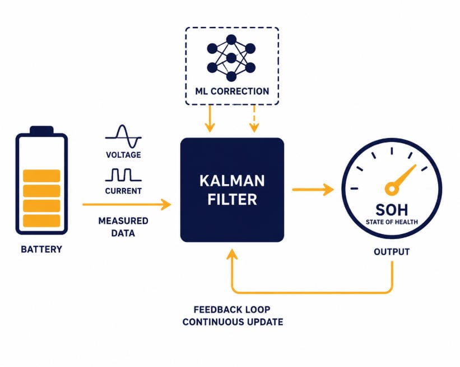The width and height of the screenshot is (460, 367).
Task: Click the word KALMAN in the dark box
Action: point(232,181)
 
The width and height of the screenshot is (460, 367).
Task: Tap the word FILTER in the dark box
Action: point(232,199)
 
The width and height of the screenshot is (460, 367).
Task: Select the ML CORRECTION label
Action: point(232,91)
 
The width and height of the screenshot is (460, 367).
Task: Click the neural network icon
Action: point(231,58)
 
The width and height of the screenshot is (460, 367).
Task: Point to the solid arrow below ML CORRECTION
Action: point(210,119)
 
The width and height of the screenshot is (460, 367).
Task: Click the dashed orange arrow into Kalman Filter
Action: point(254,119)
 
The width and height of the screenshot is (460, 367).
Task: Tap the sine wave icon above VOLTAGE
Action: point(123,136)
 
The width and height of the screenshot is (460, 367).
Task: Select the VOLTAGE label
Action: point(123,155)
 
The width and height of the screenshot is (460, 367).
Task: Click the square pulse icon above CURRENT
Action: point(123,175)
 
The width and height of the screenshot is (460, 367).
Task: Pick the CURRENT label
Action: point(123,191)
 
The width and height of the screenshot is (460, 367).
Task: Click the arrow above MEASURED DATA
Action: point(127,204)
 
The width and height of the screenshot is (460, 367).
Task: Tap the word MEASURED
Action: point(123,221)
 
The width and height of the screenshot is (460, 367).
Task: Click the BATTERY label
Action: point(41,249)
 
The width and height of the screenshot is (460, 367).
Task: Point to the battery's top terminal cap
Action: point(41,130)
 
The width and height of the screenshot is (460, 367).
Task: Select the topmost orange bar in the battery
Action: point(41,176)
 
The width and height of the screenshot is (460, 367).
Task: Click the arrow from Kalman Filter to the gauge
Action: point(313,190)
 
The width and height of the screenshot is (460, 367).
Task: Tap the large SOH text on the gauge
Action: point(392,210)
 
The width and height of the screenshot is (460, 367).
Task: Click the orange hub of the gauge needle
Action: point(392,189)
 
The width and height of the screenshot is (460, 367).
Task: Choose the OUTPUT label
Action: point(392,252)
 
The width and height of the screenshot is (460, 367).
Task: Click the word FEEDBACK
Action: point(216,309)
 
